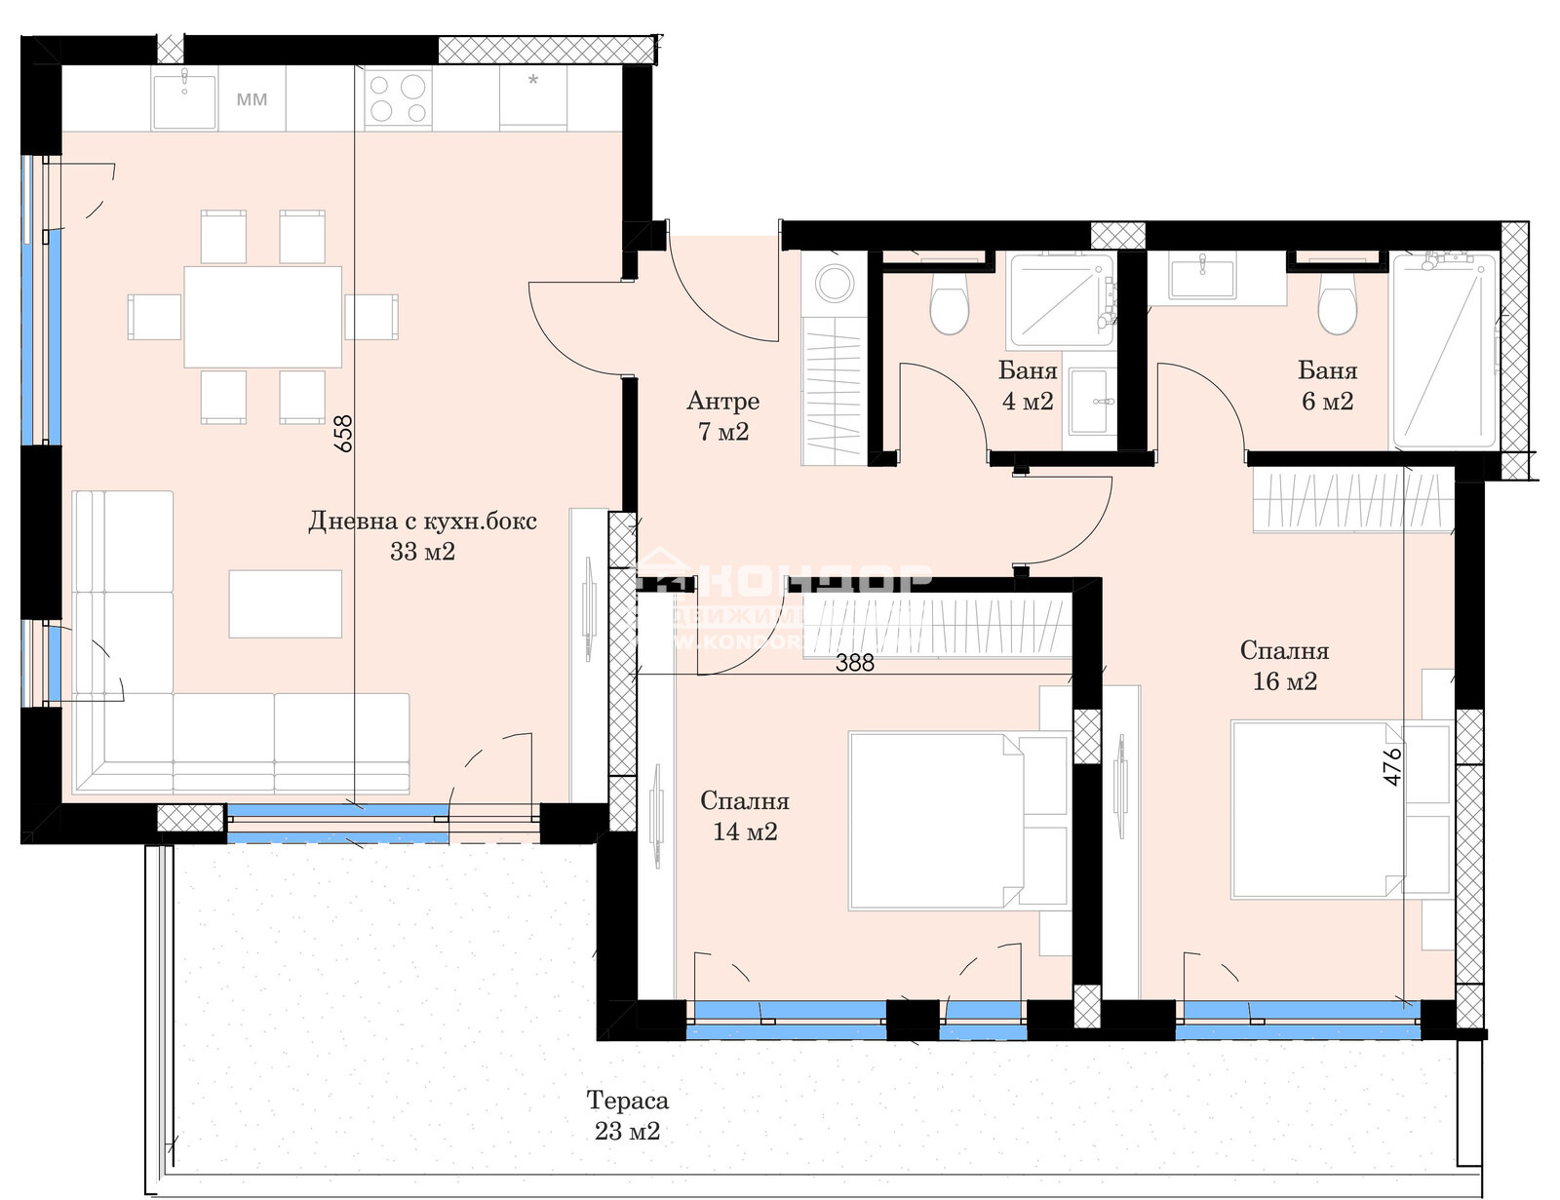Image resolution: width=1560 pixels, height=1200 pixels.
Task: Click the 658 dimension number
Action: click(343, 434)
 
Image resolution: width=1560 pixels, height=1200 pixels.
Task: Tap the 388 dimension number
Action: click(855, 663)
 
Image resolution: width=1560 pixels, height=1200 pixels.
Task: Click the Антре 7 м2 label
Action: click(722, 416)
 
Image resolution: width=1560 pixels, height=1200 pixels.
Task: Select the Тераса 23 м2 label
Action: click(627, 1115)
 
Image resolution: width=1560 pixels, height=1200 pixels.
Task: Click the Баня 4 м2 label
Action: click(1028, 386)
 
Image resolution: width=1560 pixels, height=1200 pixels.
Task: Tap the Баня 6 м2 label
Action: click(1327, 386)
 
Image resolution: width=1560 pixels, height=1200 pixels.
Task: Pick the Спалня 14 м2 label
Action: click(744, 816)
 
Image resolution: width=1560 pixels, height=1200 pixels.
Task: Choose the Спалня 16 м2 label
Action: click(1284, 666)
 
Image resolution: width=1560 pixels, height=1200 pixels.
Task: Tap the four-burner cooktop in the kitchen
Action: click(397, 98)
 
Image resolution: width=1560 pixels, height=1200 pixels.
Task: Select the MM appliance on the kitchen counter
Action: click(252, 99)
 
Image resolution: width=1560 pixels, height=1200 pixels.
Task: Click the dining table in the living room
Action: click(263, 317)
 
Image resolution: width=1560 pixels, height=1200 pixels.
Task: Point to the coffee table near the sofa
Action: click(286, 603)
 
